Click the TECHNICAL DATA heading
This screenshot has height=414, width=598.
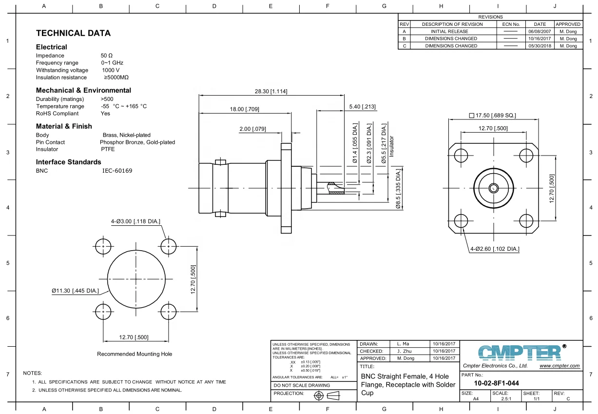[73, 33]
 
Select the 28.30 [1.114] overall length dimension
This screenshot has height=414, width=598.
[271, 91]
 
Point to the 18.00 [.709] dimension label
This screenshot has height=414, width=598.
[245, 110]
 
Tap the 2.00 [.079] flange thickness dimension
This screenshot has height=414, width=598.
[252, 129]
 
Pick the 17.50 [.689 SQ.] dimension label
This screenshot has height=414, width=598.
[492, 116]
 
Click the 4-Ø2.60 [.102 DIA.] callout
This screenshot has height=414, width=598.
[494, 249]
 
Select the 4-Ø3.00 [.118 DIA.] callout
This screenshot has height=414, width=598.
[135, 221]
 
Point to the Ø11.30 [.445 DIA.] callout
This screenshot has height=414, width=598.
[76, 291]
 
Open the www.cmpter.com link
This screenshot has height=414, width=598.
[559, 366]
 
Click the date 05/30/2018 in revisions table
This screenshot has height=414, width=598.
[540, 46]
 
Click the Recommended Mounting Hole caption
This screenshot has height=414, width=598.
[135, 354]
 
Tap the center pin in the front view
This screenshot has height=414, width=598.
[493, 188]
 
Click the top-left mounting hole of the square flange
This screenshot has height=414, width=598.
[461, 156]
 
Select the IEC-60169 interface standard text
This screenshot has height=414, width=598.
[117, 171]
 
